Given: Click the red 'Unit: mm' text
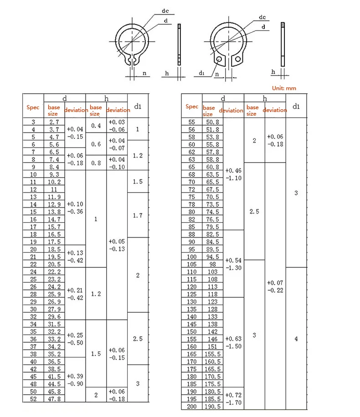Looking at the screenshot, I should (283, 88).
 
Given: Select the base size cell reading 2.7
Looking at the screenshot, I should (54, 122).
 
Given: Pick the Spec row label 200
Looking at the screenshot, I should (191, 406).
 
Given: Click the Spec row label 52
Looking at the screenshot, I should (33, 398).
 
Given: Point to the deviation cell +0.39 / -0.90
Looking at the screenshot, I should (75, 380).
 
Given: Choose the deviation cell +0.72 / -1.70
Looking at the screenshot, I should (233, 399).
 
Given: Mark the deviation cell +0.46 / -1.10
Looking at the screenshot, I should (233, 174).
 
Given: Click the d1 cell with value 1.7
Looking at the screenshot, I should (138, 215).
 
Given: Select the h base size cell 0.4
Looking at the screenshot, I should (96, 126).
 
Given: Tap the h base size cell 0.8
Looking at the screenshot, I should (96, 163).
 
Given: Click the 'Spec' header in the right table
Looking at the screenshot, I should (192, 107).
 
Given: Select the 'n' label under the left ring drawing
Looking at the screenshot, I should (144, 73).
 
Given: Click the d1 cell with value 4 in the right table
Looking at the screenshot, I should (296, 339).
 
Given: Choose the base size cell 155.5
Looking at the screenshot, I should (212, 354).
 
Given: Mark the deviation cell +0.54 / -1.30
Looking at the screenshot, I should (233, 264).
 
